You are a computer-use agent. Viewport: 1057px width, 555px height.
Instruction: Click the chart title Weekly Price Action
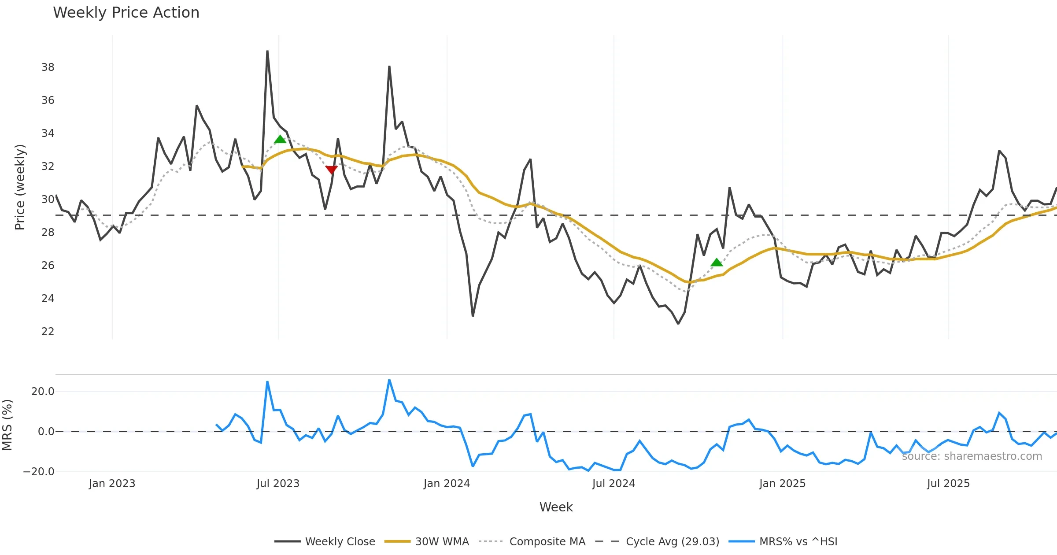point(126,13)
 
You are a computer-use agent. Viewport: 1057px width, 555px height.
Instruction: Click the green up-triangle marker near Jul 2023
point(280,140)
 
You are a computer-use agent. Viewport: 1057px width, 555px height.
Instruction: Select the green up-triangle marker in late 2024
point(717,263)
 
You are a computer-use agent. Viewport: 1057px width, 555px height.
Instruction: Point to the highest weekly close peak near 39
point(267,52)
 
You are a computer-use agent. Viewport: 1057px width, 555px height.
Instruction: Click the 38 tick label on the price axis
point(48,67)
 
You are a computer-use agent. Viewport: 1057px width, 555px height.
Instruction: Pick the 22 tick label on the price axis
point(48,332)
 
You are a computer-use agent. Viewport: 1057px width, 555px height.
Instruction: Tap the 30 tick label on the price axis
point(48,200)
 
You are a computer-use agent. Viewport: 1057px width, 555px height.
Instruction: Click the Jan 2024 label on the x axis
point(447,484)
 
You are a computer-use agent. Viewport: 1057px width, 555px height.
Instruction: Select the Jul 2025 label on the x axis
point(948,484)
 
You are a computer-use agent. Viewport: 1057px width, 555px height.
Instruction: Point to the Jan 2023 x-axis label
point(112,484)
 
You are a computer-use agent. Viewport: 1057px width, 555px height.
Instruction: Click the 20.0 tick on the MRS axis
point(43,392)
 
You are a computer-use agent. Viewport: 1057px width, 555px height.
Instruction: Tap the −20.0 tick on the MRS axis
point(39,472)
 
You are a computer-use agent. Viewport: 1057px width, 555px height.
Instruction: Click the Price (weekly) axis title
point(20,187)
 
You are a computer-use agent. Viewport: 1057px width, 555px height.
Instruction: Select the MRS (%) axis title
point(7,425)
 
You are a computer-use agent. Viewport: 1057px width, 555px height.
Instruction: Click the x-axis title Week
point(556,507)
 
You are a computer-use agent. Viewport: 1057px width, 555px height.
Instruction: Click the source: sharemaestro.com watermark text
point(972,456)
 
